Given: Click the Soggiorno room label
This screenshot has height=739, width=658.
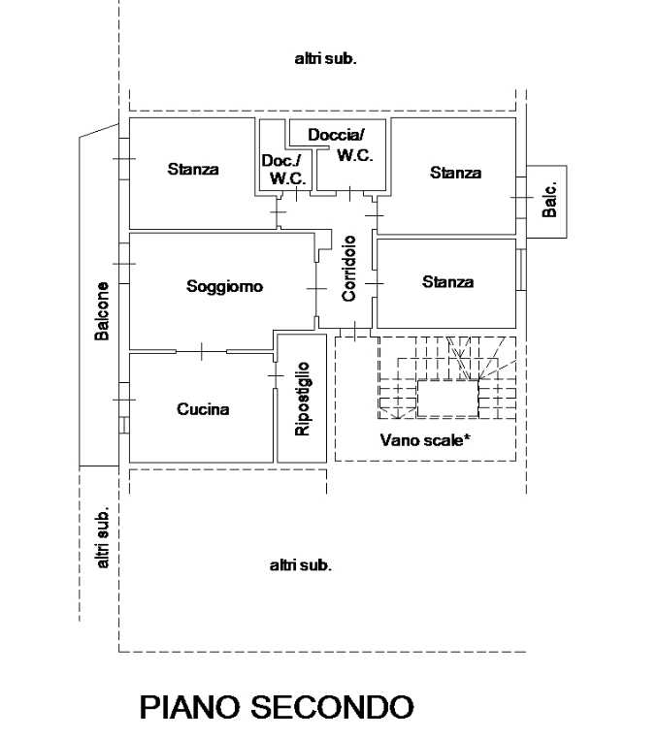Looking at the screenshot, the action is pyautogui.click(x=224, y=286).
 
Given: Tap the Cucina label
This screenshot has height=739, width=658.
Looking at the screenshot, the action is pyautogui.click(x=203, y=409).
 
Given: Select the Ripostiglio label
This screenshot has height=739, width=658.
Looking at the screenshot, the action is pyautogui.click(x=302, y=399).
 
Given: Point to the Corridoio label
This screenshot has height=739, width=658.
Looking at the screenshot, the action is pyautogui.click(x=349, y=269).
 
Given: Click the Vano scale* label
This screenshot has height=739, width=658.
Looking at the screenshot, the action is pyautogui.click(x=425, y=440).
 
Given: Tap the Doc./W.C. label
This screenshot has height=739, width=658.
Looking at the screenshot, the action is pyautogui.click(x=284, y=170).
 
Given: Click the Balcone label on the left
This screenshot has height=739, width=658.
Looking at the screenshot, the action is pyautogui.click(x=101, y=311).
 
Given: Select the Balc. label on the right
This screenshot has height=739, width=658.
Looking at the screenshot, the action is pyautogui.click(x=549, y=200).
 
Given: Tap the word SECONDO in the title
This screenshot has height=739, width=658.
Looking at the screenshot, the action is pyautogui.click(x=332, y=707).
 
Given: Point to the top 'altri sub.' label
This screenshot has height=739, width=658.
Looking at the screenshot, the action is pyautogui.click(x=325, y=59).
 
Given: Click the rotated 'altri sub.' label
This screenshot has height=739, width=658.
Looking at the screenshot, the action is pyautogui.click(x=102, y=537).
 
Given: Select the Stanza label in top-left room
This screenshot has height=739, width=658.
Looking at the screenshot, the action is pyautogui.click(x=193, y=169).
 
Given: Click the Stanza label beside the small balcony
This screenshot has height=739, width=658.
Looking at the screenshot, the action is pyautogui.click(x=455, y=173).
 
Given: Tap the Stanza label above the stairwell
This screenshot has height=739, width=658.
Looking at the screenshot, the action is pyautogui.click(x=447, y=282).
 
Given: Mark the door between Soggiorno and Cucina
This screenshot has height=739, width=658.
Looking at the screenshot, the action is pyautogui.click(x=202, y=352).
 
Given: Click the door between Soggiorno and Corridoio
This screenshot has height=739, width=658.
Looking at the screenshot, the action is pyautogui.click(x=316, y=288).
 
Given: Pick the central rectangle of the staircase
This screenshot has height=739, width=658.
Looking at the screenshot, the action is pyautogui.click(x=447, y=399).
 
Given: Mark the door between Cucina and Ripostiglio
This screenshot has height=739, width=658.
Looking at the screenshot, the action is pyautogui.click(x=275, y=375).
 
